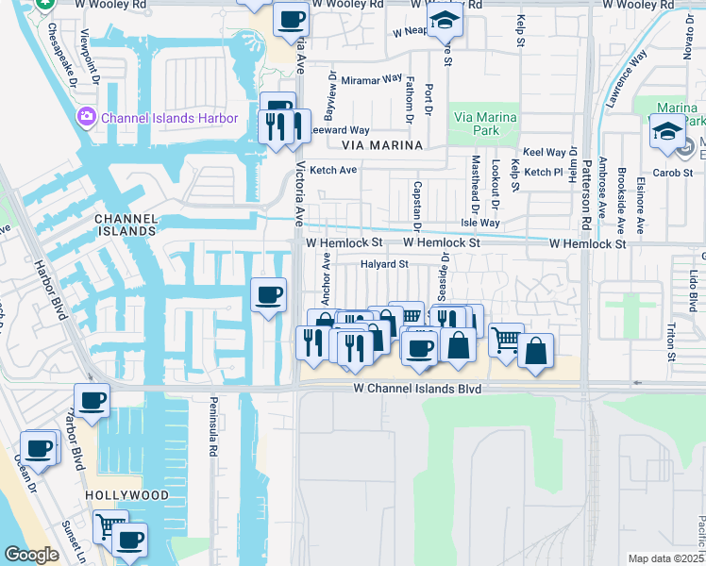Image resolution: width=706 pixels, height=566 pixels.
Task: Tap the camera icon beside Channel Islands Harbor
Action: [87, 117]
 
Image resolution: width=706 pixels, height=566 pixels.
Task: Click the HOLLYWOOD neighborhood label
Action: [126, 495]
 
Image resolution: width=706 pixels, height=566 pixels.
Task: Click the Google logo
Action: [31, 555]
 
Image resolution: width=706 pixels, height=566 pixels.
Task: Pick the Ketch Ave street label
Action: [334, 170]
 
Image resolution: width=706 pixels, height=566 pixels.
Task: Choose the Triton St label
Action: [671, 341]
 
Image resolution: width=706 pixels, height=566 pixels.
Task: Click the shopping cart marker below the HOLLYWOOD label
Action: [110, 524]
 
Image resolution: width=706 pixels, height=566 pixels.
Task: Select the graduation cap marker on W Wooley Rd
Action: [442, 20]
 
